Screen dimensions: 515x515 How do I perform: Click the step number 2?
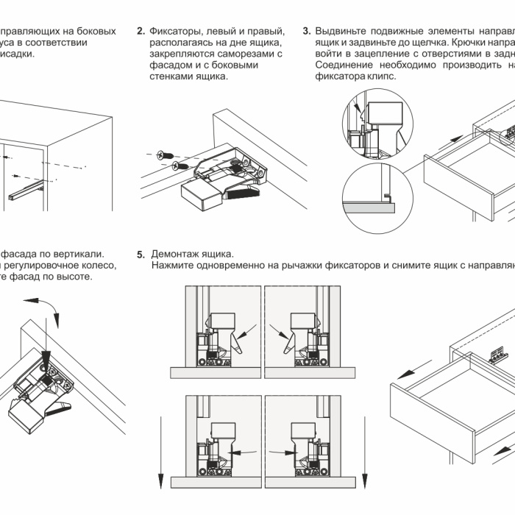coord(141,32)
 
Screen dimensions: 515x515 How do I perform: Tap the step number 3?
coord(307,32)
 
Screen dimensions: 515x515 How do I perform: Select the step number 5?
coord(141,254)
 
